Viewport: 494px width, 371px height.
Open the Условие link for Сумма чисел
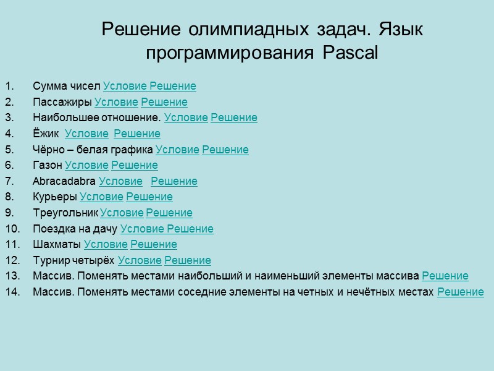coord(125,86)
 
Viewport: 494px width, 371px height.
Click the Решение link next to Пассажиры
coord(164,102)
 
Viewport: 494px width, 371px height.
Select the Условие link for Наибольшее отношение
coord(186,117)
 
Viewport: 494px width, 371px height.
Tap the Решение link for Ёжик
coord(137,134)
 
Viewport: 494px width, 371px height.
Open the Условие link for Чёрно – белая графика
coord(177,150)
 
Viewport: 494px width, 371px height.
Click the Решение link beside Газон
coord(135,165)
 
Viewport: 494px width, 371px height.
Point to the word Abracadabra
coord(64,181)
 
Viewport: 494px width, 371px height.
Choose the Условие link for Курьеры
coord(101,197)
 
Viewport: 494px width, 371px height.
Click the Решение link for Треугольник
coord(169,213)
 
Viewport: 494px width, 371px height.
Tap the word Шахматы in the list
coord(57,245)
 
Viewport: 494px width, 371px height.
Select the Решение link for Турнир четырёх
coord(188,260)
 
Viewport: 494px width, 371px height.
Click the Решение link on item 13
coord(445,276)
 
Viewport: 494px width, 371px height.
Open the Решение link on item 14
coord(460,292)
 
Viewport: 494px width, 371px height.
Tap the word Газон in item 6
coord(48,165)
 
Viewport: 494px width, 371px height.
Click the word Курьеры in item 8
coord(55,197)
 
